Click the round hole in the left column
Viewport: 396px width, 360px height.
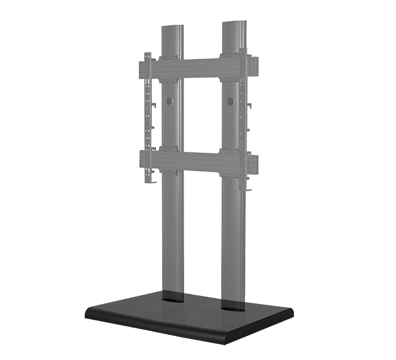(169, 102)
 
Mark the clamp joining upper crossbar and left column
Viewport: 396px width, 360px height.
(170, 68)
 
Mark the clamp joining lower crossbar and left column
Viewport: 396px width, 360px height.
(170, 159)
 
